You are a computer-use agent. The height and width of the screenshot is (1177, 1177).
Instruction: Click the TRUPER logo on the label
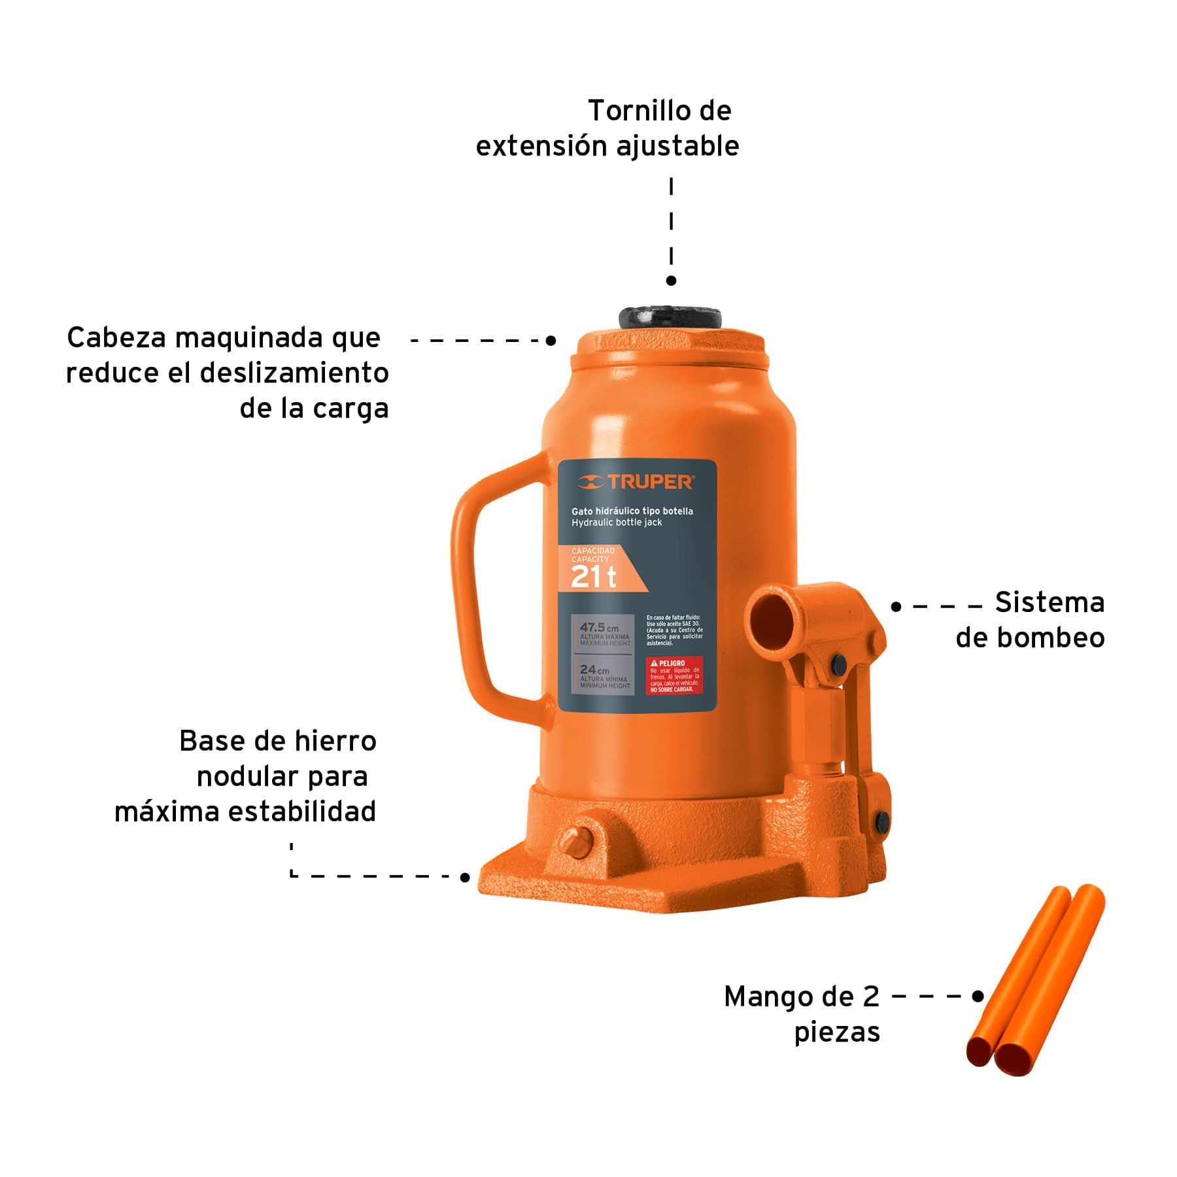coord(636,483)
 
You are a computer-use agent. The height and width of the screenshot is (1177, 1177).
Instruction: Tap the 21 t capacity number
coord(593,577)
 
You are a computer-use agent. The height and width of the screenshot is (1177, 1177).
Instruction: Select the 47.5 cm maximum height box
coord(602,634)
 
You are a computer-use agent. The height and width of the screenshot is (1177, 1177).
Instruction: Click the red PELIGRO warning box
coord(674,675)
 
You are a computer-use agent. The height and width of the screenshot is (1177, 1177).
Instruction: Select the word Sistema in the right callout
coord(1049,602)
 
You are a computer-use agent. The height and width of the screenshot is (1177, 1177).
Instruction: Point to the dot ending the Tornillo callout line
coord(671,281)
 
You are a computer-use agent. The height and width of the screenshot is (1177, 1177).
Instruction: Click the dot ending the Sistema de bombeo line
coord(896,607)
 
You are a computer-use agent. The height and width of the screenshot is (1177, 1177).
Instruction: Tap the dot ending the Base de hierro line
coord(465,877)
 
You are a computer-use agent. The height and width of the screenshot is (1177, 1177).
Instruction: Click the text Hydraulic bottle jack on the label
coord(617,522)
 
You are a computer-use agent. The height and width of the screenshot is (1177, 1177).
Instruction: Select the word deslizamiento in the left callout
coord(294,373)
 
